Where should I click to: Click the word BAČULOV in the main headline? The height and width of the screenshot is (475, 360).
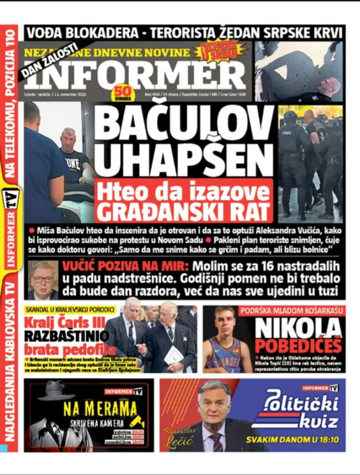[x=184, y=122]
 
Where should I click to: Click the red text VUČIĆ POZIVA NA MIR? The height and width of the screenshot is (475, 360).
[x=126, y=266]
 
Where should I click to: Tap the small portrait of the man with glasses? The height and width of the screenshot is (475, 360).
[x=43, y=280]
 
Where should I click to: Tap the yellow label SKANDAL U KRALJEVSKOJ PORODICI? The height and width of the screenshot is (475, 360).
[x=70, y=309]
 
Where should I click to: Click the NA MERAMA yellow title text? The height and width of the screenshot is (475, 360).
[x=100, y=409]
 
